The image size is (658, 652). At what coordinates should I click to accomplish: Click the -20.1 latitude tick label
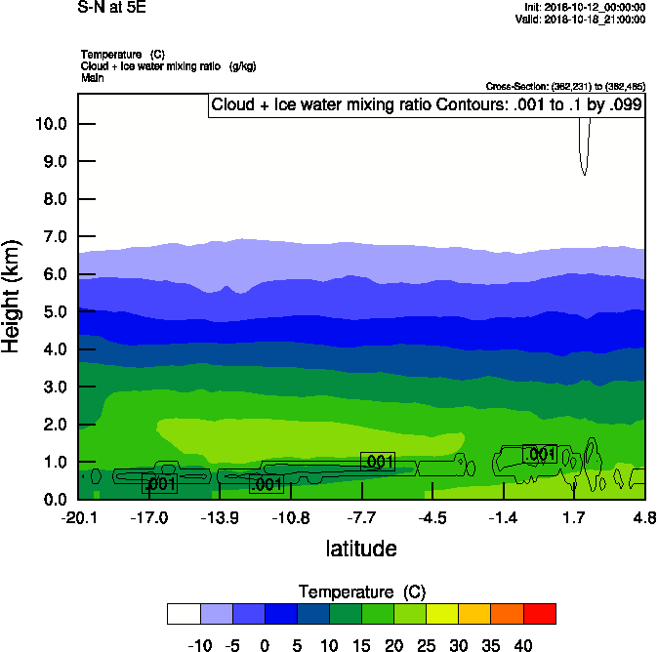click(x=78, y=516)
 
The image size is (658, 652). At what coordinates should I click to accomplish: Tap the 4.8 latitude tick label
click(x=643, y=516)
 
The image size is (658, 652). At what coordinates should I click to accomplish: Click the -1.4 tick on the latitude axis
click(x=503, y=516)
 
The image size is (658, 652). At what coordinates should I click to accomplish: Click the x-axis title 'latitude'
click(x=361, y=549)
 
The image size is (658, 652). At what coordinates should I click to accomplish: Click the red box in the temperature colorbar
click(x=540, y=613)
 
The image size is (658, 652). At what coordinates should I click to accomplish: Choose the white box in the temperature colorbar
click(x=184, y=613)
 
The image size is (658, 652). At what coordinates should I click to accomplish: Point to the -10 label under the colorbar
click(x=199, y=645)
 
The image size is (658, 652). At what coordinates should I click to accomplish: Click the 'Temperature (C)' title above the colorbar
click(x=361, y=592)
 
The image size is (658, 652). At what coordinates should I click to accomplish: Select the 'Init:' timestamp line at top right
click(x=585, y=7)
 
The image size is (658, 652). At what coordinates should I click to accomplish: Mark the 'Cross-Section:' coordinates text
click(x=564, y=87)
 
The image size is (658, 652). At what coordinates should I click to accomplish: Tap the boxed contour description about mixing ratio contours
click(x=427, y=105)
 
